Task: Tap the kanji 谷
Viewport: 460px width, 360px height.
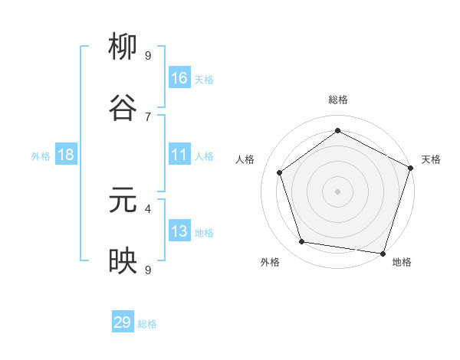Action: coord(123,108)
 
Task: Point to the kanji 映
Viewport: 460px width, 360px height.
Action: coord(123,261)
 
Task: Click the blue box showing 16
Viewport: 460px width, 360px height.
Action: coord(179,77)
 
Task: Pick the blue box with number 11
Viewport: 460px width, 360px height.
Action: coord(179,155)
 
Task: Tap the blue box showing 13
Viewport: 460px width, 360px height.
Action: coord(179,231)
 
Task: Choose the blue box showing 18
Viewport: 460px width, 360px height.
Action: coord(66,155)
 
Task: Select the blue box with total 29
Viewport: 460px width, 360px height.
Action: coord(123,322)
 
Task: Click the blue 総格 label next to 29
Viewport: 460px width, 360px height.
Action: coord(147,324)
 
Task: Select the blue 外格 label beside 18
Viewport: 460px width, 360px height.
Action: coord(41,156)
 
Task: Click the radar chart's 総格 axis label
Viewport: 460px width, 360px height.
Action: coord(338,100)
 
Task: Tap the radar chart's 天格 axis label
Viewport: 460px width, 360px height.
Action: coord(431,159)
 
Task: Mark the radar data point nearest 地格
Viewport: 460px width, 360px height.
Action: coord(383,253)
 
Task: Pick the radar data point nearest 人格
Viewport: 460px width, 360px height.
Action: coord(280,172)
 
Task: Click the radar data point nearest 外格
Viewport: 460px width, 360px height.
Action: coord(302,242)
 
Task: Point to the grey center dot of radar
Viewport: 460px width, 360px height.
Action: coord(338,191)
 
